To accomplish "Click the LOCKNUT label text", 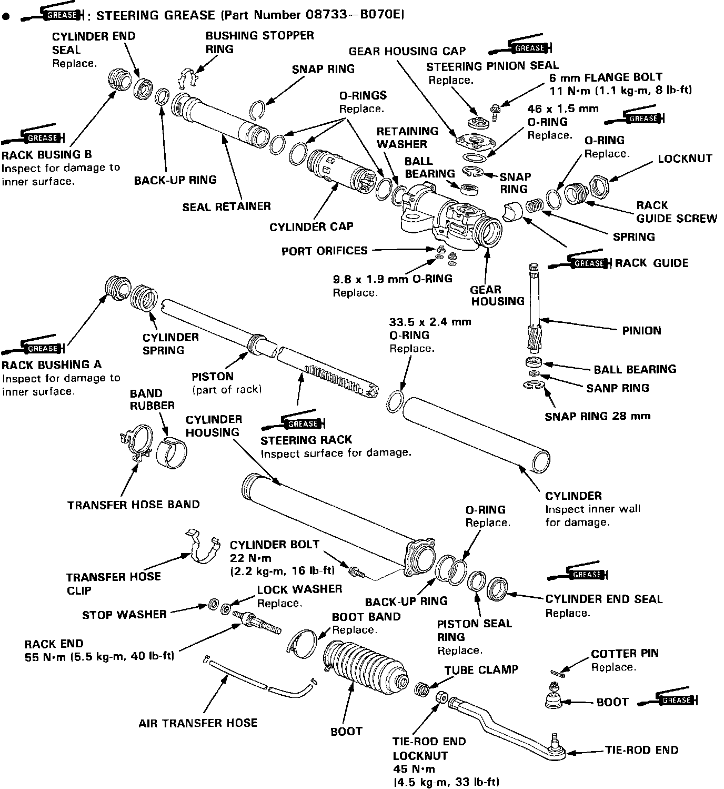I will tap(685, 159).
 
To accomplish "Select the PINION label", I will tap(641, 331).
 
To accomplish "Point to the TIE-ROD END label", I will tap(641, 750).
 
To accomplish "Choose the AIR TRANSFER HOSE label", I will tap(198, 723).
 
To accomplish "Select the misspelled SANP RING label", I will tap(617, 388).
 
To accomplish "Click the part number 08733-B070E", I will tap(354, 15).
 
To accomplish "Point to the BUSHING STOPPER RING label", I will tap(259, 42).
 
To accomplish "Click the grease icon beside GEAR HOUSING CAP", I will tap(521, 48).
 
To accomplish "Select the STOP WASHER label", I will tap(124, 614).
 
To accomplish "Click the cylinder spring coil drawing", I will tap(144, 298).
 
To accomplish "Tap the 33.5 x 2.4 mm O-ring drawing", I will tap(396, 402).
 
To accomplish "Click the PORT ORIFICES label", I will tap(324, 251).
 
